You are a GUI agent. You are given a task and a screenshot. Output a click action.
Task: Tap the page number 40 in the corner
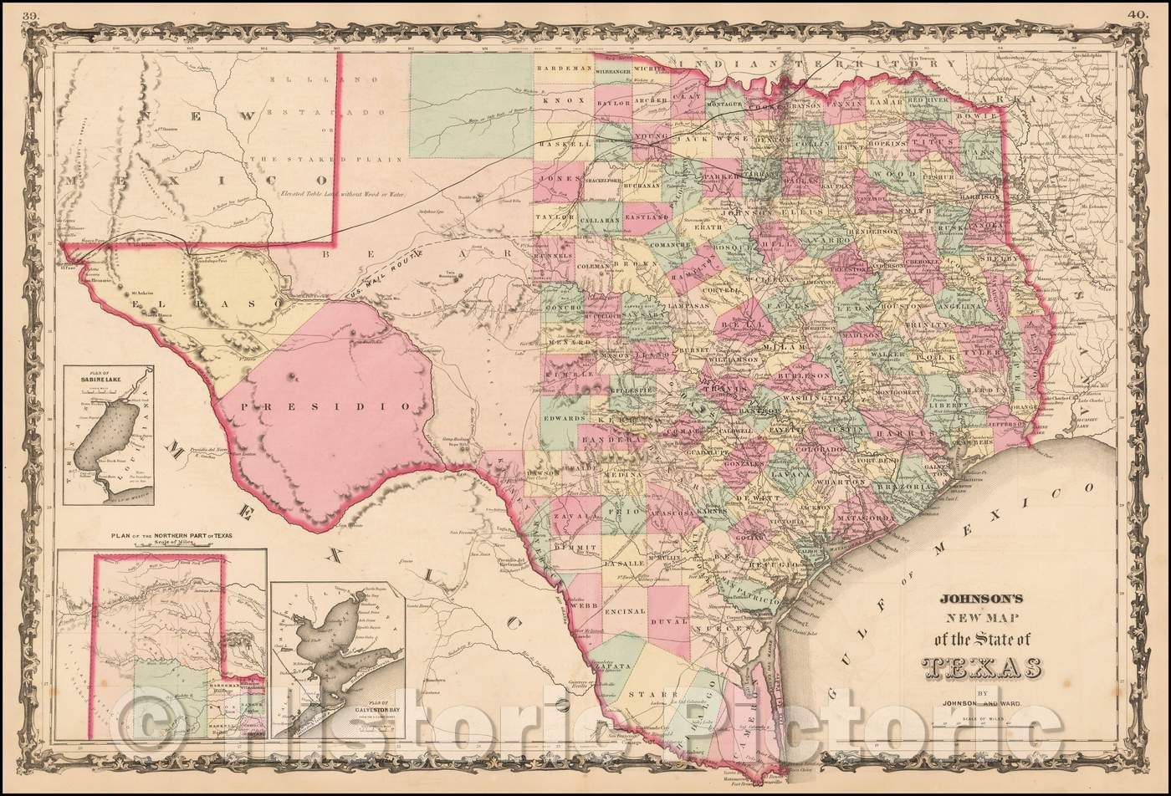pyautogui.click(x=1138, y=14)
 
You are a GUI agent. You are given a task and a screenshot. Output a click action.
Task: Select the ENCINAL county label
pyautogui.click(x=624, y=611)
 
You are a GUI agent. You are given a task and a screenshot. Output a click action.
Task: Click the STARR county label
pyautogui.click(x=660, y=694)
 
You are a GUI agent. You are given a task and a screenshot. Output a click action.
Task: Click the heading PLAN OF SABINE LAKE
pyautogui.click(x=107, y=376)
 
